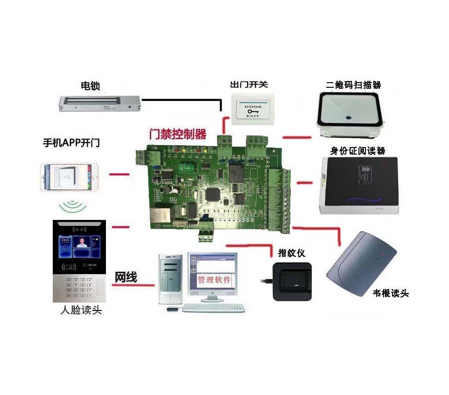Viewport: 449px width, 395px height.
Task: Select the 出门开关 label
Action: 249,85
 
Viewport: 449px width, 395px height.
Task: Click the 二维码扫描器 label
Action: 353,85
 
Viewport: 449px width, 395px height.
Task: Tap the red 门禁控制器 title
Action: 177,134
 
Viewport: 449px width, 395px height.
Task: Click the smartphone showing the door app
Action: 70,177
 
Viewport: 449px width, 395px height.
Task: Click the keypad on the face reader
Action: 78,287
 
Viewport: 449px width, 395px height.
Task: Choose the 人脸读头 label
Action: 81,310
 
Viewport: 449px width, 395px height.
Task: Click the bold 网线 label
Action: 126,277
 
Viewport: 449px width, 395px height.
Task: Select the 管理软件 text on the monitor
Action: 214,280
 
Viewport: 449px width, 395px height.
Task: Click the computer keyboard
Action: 213,308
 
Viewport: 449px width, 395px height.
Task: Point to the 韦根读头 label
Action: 391,294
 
